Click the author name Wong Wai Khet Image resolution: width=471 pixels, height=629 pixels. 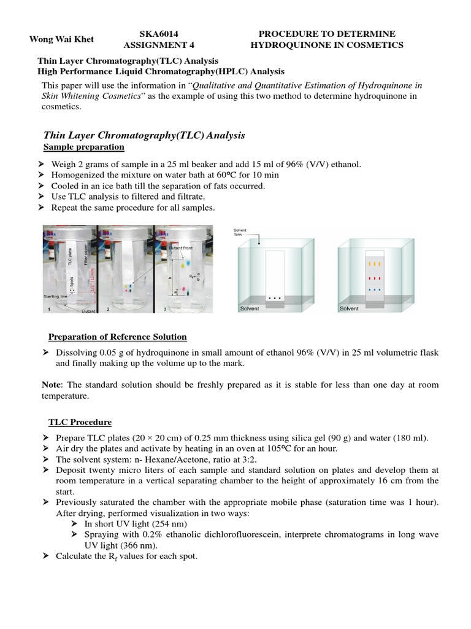[x=62, y=39]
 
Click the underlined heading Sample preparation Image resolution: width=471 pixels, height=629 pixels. [x=83, y=147]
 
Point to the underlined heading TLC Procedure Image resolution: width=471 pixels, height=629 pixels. [x=80, y=422]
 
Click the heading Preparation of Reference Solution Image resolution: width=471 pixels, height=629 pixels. [x=118, y=337]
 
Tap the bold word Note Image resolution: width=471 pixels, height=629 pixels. [x=51, y=385]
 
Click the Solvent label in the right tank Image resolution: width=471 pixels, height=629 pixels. [x=350, y=308]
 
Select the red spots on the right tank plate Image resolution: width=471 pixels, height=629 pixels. [x=373, y=278]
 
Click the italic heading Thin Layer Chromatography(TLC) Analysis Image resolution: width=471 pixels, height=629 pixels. [x=144, y=135]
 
